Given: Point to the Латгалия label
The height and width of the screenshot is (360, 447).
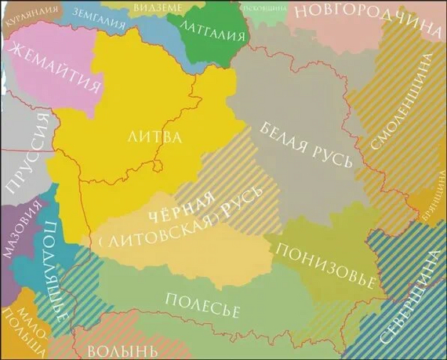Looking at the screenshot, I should [212, 26].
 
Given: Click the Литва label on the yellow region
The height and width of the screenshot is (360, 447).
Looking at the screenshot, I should [154, 137].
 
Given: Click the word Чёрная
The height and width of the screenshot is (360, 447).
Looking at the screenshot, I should [180, 208].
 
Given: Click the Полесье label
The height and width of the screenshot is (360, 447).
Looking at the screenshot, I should [202, 303].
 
